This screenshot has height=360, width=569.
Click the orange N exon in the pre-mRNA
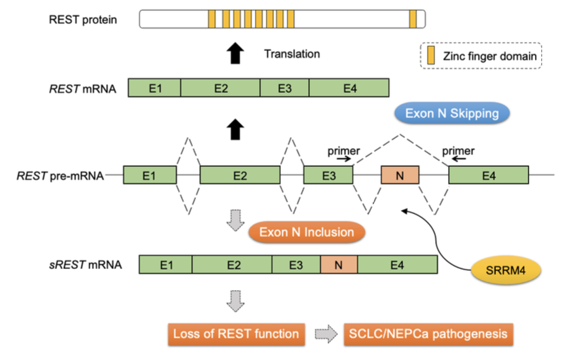[x=400, y=177]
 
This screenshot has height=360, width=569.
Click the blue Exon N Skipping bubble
[x=451, y=112]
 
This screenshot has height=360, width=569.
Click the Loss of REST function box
[x=235, y=334]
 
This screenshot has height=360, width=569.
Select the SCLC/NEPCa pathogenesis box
[x=427, y=334]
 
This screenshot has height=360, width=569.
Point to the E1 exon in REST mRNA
[x=154, y=88]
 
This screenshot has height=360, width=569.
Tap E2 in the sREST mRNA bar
[x=232, y=265]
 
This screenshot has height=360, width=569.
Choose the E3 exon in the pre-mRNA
[x=328, y=177]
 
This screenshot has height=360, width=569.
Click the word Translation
[x=292, y=54]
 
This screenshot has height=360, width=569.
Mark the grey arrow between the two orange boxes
[x=324, y=334]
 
